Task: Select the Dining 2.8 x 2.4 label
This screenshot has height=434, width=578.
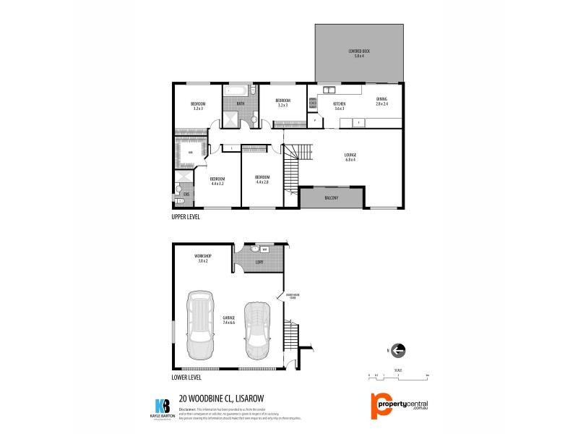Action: coord(381,102)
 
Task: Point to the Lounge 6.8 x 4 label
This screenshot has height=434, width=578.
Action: coord(350,157)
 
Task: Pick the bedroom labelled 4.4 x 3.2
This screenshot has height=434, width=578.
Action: coord(217,181)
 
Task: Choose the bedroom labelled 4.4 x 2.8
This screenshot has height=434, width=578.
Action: coord(262,180)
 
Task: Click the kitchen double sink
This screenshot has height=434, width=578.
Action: coord(329,90)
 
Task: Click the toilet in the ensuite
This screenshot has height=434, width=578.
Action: coord(178,194)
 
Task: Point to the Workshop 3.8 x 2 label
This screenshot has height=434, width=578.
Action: coord(202,259)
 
